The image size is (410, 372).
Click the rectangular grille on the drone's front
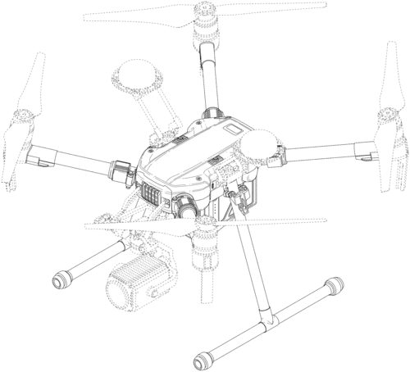(x=149, y=197)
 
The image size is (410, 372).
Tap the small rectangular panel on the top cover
(x=231, y=132)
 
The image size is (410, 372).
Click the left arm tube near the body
(x=74, y=160)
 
